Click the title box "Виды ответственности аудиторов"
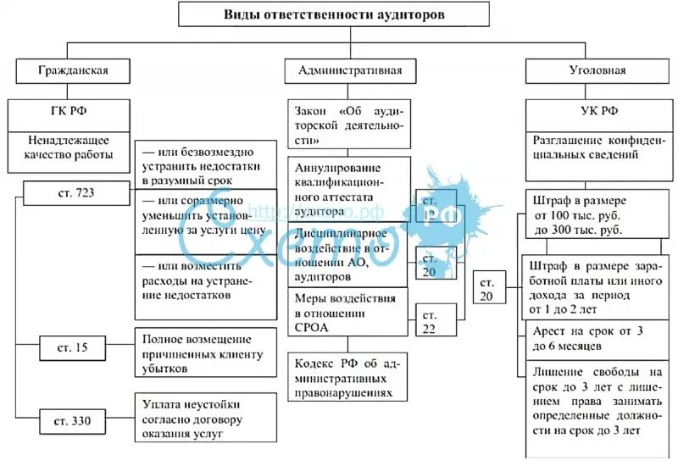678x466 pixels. coord(333,14)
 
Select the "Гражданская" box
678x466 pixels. coord(73,70)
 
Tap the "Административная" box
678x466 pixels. coord(350,70)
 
